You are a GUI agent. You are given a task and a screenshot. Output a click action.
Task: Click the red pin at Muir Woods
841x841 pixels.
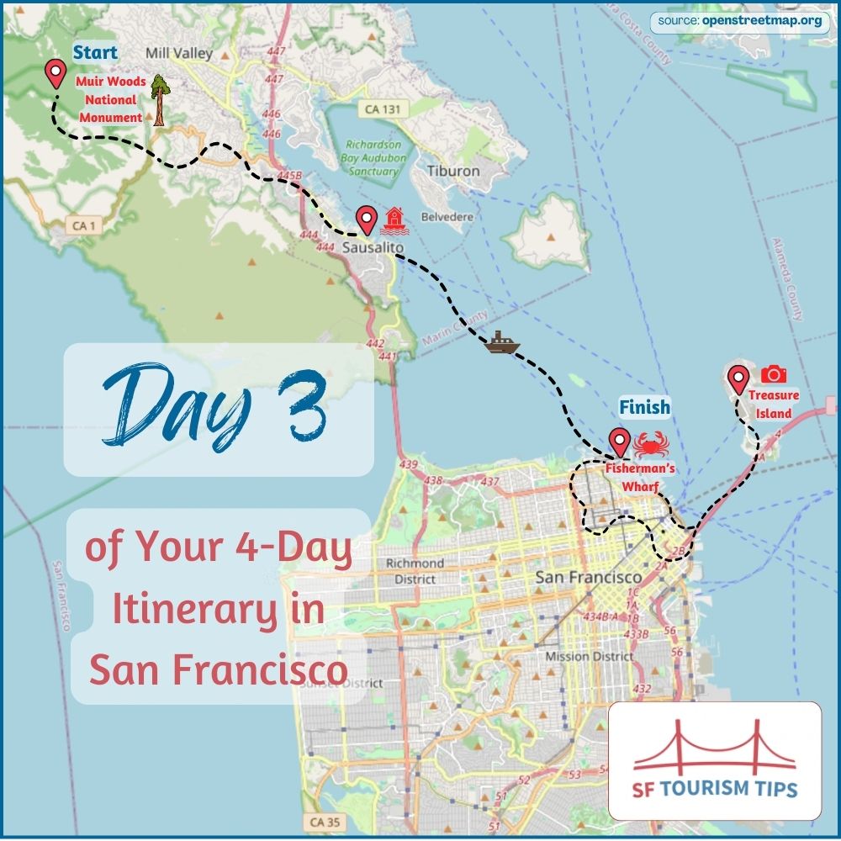(x=56, y=74)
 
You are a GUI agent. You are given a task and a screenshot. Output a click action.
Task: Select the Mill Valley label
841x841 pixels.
(x=179, y=54)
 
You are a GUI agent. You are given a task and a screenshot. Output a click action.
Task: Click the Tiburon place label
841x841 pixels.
(x=453, y=171)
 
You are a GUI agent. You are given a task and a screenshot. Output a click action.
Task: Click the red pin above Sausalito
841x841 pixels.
(x=366, y=220)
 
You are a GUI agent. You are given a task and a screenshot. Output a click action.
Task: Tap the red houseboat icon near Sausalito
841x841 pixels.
(x=394, y=220)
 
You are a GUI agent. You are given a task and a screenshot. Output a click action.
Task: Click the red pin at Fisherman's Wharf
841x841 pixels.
(x=619, y=442)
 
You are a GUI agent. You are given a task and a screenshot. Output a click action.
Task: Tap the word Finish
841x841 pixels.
(x=645, y=408)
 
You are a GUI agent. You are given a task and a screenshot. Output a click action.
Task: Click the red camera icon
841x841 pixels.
(x=773, y=374)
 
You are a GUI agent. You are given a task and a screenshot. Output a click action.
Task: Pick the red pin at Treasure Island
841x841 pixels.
(x=738, y=379)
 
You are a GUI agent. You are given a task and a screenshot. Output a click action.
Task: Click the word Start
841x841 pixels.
(x=95, y=53)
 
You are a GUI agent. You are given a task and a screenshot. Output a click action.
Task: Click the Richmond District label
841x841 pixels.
(x=415, y=570)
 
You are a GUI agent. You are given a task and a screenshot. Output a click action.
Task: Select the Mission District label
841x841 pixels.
(x=589, y=656)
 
